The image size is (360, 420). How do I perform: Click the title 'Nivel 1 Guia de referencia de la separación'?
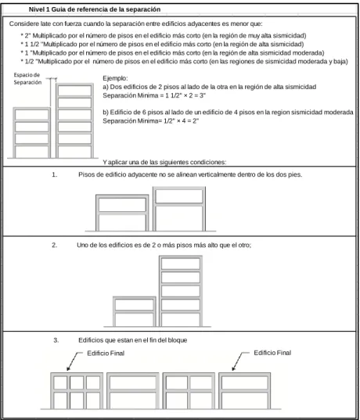pos(95,9)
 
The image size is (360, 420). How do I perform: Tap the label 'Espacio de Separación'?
pos(27,78)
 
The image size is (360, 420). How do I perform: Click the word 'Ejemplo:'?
pos(115,78)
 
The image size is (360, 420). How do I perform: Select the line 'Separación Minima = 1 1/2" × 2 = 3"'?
pos(154,95)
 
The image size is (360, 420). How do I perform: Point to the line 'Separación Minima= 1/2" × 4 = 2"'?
pos(150,120)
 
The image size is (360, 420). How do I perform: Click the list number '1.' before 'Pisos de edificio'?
pos(55,174)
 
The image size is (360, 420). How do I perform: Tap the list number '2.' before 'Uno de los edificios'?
pos(55,245)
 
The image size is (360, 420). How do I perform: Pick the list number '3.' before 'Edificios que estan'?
pos(56,340)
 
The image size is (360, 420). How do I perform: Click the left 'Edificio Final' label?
pos(106,354)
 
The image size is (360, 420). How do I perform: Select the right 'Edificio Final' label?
pos(272,353)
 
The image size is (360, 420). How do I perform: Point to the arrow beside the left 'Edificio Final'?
pos(74,361)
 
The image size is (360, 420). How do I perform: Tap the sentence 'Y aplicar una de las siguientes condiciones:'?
pos(164,162)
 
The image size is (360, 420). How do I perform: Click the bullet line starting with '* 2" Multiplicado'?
pos(164,35)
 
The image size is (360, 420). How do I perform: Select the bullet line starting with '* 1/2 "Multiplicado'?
pos(185,61)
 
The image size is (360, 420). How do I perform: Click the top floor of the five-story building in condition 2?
pos(181,264)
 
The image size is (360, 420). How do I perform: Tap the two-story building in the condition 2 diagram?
pos(135,311)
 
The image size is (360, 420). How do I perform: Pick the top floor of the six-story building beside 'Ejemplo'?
pos(75,91)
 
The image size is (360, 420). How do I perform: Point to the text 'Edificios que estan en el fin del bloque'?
pos(133,340)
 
